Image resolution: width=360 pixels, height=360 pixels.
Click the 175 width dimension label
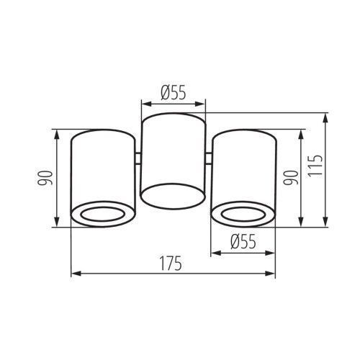pyautogui.click(x=171, y=264)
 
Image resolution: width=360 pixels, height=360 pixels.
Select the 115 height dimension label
pyautogui.click(x=315, y=166)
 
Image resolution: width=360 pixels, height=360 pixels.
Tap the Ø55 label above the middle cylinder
pyautogui.click(x=174, y=93)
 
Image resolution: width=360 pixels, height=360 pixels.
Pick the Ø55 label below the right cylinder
pyautogui.click(x=243, y=241)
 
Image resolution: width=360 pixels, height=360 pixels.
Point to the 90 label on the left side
pyautogui.click(x=45, y=178)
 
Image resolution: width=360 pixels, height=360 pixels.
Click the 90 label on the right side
pyautogui.click(x=291, y=178)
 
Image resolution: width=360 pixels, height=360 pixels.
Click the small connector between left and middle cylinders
pyautogui.click(x=138, y=158)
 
